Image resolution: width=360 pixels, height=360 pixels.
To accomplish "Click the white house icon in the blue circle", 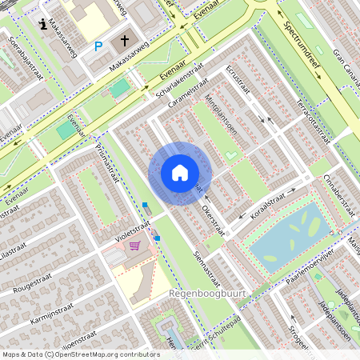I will [180, 173].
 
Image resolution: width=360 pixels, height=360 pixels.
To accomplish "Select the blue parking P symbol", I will [98, 46].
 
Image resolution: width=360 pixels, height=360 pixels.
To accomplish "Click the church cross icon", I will [125, 41].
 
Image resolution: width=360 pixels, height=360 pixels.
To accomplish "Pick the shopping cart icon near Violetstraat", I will [134, 246].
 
